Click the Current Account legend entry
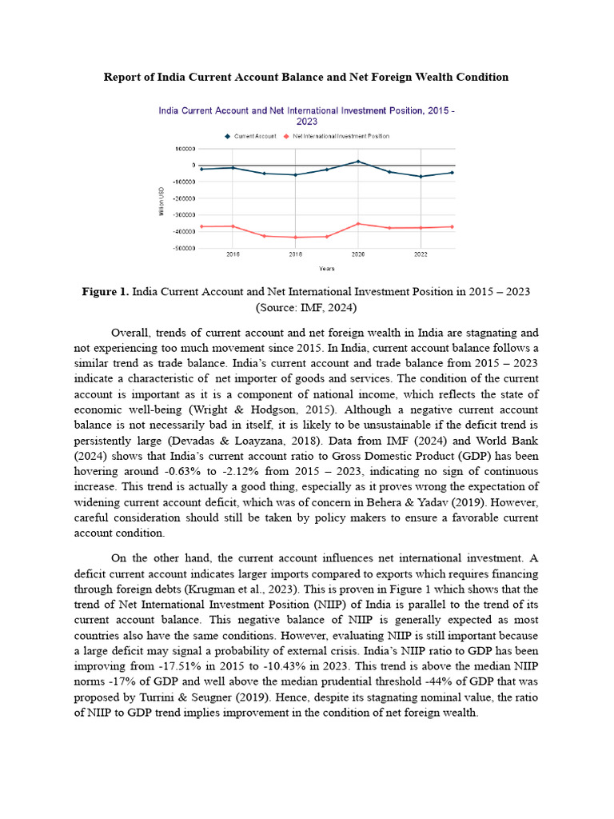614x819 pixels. click(255, 136)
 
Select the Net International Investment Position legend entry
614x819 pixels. click(340, 136)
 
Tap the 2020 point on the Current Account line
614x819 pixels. click(357, 162)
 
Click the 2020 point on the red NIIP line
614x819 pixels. click(357, 224)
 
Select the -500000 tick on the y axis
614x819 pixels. click(185, 248)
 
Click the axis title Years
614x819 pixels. click(326, 269)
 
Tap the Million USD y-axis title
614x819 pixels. click(161, 200)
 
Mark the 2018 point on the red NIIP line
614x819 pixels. click(295, 237)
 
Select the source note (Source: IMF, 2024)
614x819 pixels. click(306, 307)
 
